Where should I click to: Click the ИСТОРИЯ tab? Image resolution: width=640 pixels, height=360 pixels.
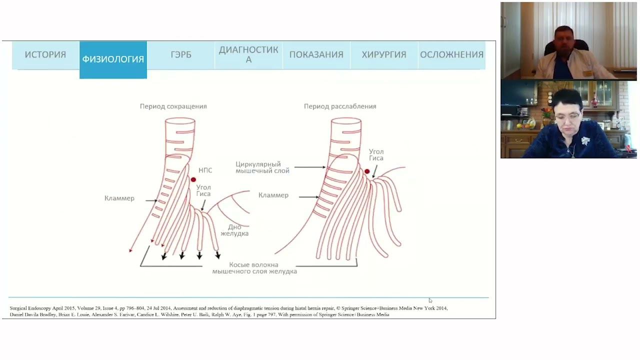(45, 54)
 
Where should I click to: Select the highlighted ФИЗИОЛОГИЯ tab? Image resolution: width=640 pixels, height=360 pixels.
(113, 59)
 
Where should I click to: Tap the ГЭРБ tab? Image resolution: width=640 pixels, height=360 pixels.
(181, 54)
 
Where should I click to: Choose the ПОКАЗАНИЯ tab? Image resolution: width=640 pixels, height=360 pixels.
(316, 54)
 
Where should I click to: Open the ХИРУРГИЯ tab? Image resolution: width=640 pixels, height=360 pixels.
(384, 54)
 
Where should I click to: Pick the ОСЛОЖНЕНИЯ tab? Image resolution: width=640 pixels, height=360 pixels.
(451, 54)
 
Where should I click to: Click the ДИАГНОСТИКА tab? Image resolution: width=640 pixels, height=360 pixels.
(248, 54)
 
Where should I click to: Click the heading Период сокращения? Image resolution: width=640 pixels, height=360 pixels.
(173, 106)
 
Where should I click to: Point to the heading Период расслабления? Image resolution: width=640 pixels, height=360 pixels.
(340, 106)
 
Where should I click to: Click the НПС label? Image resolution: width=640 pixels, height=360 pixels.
(205, 170)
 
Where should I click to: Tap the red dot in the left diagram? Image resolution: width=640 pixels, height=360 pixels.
(193, 179)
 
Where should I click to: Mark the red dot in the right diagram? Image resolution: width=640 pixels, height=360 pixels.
(367, 171)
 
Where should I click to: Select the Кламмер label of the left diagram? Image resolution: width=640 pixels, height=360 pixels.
(119, 198)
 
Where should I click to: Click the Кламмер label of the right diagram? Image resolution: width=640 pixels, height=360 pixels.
(273, 195)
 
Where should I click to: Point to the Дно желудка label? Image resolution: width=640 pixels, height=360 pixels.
(234, 230)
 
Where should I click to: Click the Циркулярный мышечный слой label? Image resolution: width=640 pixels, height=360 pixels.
(262, 167)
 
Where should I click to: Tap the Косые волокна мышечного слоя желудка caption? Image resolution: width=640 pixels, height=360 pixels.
(254, 268)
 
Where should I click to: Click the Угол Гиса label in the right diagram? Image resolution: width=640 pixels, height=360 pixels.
(376, 155)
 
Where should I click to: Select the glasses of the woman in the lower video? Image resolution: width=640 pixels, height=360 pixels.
(567, 115)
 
